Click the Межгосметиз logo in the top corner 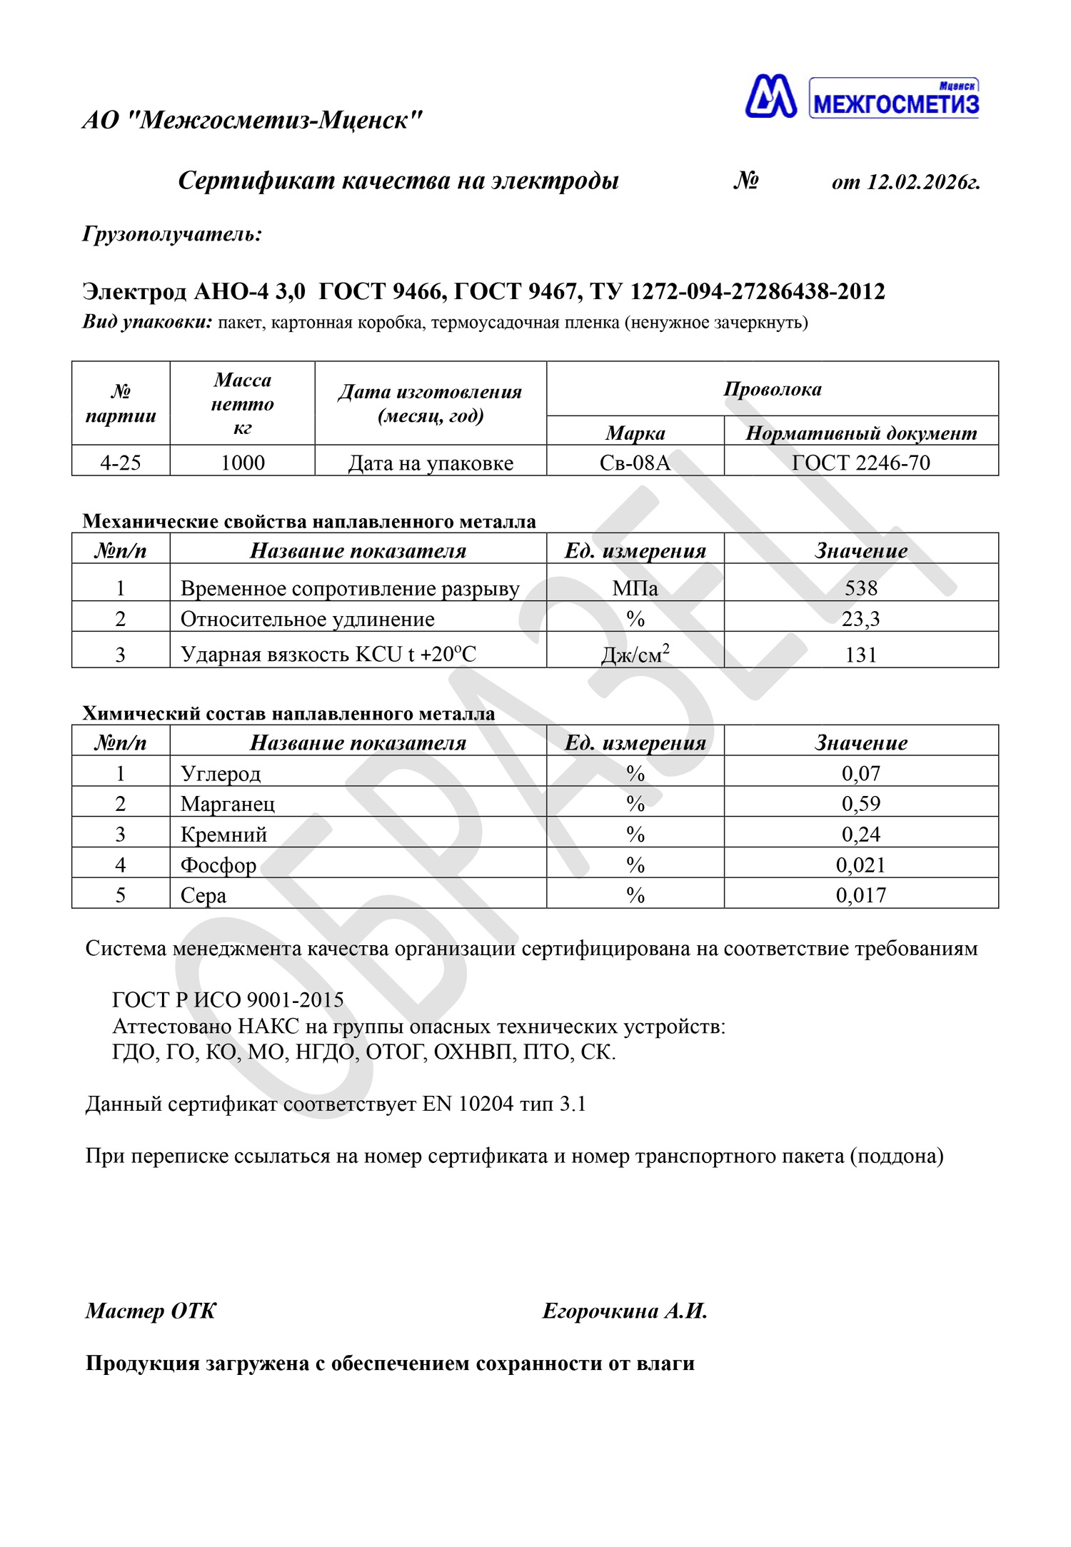(x=862, y=97)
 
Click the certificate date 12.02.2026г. (x=923, y=182)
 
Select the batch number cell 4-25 (x=121, y=463)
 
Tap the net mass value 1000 (x=243, y=463)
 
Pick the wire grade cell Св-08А (x=635, y=463)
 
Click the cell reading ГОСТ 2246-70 (x=861, y=463)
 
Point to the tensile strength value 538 (x=861, y=588)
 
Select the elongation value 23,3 (x=861, y=618)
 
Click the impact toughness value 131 (x=861, y=654)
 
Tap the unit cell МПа (x=635, y=588)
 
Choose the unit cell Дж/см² (x=635, y=654)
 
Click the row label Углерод (x=221, y=773)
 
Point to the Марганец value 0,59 (x=861, y=804)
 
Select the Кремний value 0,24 (x=861, y=834)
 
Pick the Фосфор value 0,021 (x=861, y=865)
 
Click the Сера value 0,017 (x=861, y=895)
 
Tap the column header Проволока (x=773, y=389)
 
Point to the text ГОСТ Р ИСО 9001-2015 (x=228, y=999)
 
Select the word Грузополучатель (x=172, y=233)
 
